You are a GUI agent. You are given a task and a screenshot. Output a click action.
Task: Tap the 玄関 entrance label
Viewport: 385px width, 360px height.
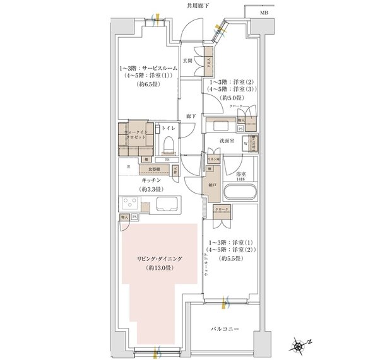[187, 61]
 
